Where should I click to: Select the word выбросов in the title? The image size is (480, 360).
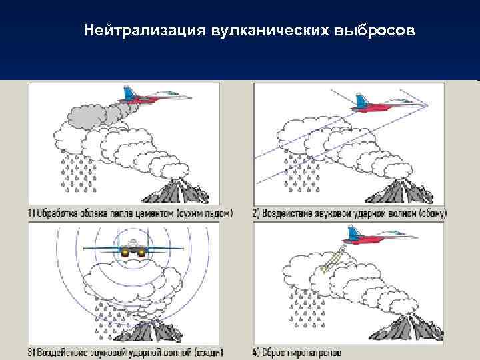pos(375,31)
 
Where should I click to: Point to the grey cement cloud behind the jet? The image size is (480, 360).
pos(95,115)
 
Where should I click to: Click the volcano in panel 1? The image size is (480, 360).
pos(176,191)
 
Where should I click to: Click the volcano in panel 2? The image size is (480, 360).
pos(399,191)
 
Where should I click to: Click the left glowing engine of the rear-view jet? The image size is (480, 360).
pos(125,252)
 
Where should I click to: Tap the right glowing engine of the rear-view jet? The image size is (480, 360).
pos(141,252)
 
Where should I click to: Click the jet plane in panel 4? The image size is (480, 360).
pos(379,236)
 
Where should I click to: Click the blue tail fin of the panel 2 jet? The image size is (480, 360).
pos(361,101)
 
